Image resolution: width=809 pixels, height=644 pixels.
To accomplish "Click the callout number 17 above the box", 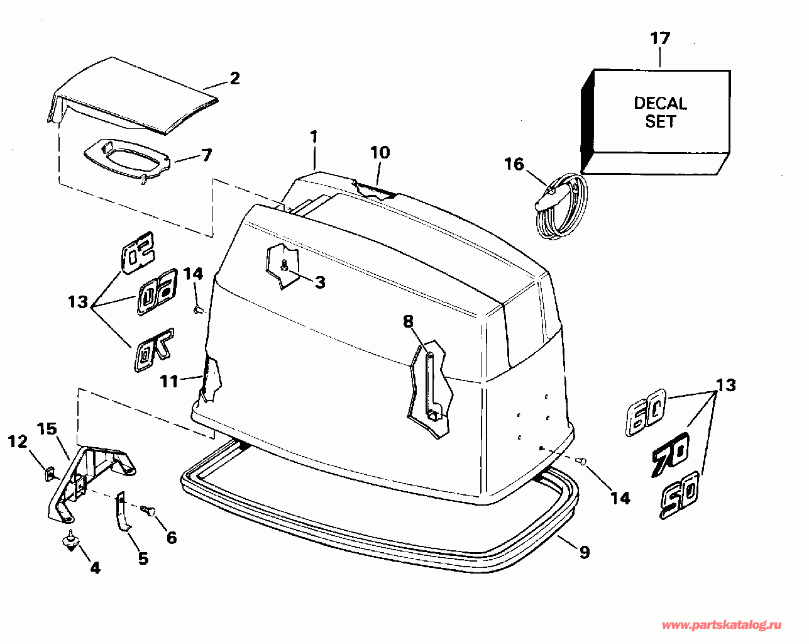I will (660, 38).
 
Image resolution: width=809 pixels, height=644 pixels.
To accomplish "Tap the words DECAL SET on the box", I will (660, 112).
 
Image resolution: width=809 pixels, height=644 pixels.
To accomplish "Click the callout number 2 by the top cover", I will (234, 79).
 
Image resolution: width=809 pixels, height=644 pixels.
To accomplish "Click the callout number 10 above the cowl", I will (380, 152).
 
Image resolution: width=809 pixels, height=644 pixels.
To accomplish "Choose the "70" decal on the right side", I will (670, 452).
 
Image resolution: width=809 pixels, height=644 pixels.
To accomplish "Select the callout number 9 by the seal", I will (584, 552).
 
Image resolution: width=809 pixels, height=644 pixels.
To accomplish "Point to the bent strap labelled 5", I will (123, 513).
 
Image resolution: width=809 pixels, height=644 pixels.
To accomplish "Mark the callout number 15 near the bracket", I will (47, 429).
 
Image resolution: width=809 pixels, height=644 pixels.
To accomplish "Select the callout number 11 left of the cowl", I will (168, 380).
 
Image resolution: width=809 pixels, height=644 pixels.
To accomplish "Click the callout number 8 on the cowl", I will (408, 321).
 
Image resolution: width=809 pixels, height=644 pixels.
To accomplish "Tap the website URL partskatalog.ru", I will (722, 625).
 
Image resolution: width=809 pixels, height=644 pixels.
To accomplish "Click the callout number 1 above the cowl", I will (314, 136).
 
